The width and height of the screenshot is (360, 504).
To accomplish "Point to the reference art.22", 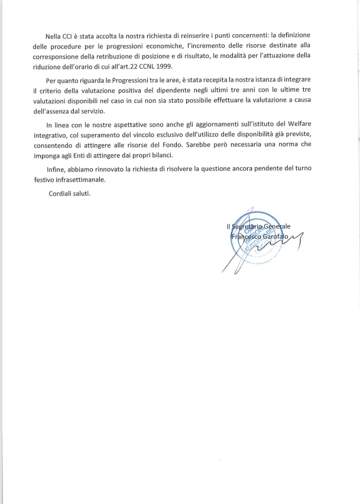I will [118, 66].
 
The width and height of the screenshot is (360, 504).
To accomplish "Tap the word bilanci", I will [160, 156].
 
